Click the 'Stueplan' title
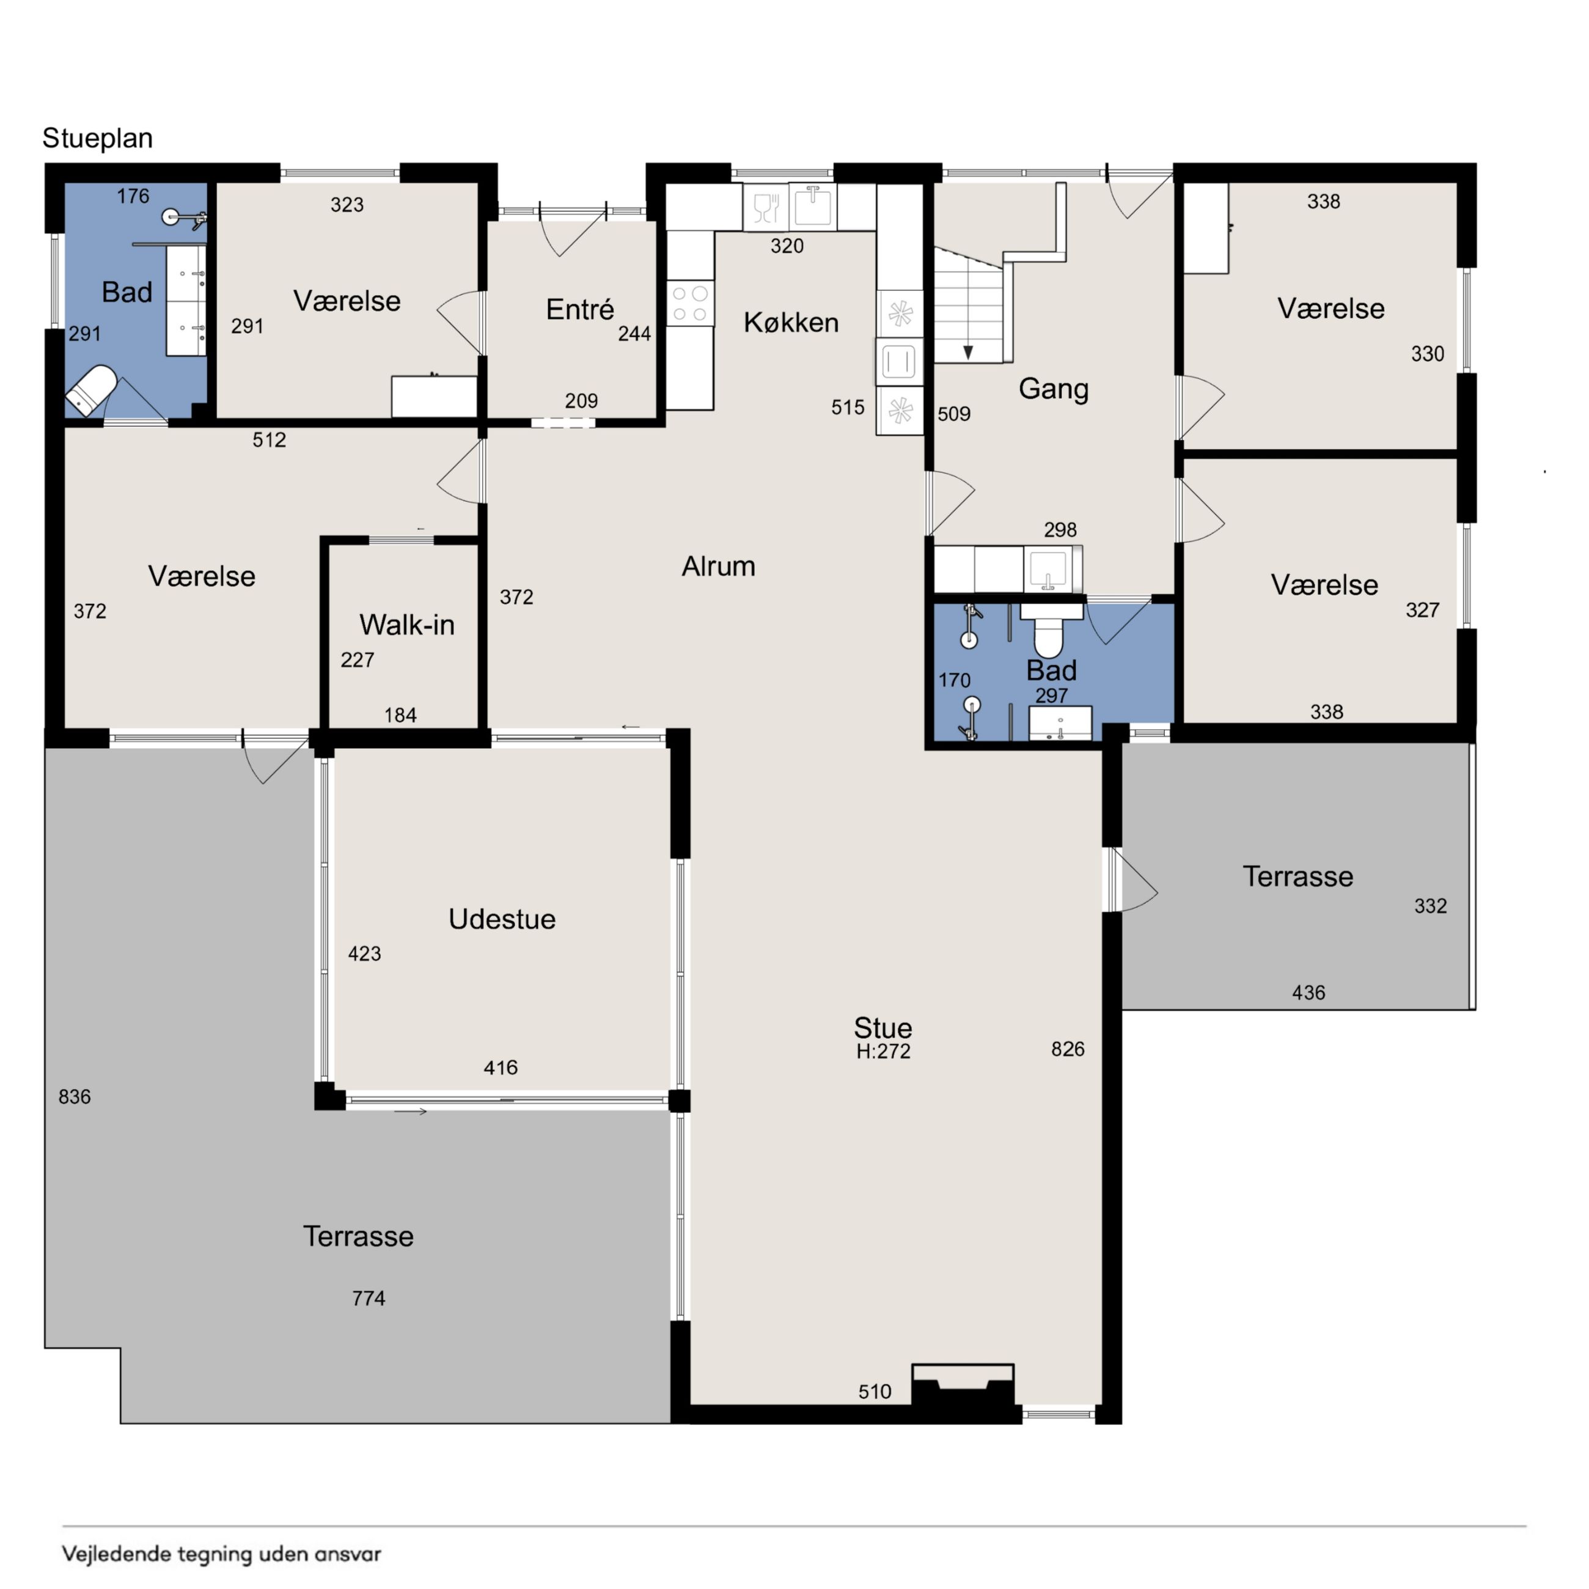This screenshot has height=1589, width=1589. (x=97, y=138)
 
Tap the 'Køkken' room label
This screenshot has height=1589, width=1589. (x=791, y=323)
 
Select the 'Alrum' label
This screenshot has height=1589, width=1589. (x=718, y=566)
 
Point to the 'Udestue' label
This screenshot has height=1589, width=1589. (x=502, y=919)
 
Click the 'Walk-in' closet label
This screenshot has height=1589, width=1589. (x=406, y=625)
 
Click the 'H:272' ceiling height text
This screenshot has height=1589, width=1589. (x=883, y=1051)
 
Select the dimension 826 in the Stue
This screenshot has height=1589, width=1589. (x=1068, y=1049)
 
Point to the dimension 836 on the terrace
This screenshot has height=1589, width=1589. (x=74, y=1096)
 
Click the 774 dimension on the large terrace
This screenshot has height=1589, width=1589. (x=369, y=1298)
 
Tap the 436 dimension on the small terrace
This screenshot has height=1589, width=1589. (x=1308, y=993)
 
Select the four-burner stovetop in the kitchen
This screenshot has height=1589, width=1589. (x=690, y=303)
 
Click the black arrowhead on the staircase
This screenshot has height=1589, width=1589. (x=968, y=352)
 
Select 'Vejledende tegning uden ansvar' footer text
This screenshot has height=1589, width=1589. (x=221, y=1554)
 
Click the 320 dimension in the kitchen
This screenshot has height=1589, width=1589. (x=787, y=246)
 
